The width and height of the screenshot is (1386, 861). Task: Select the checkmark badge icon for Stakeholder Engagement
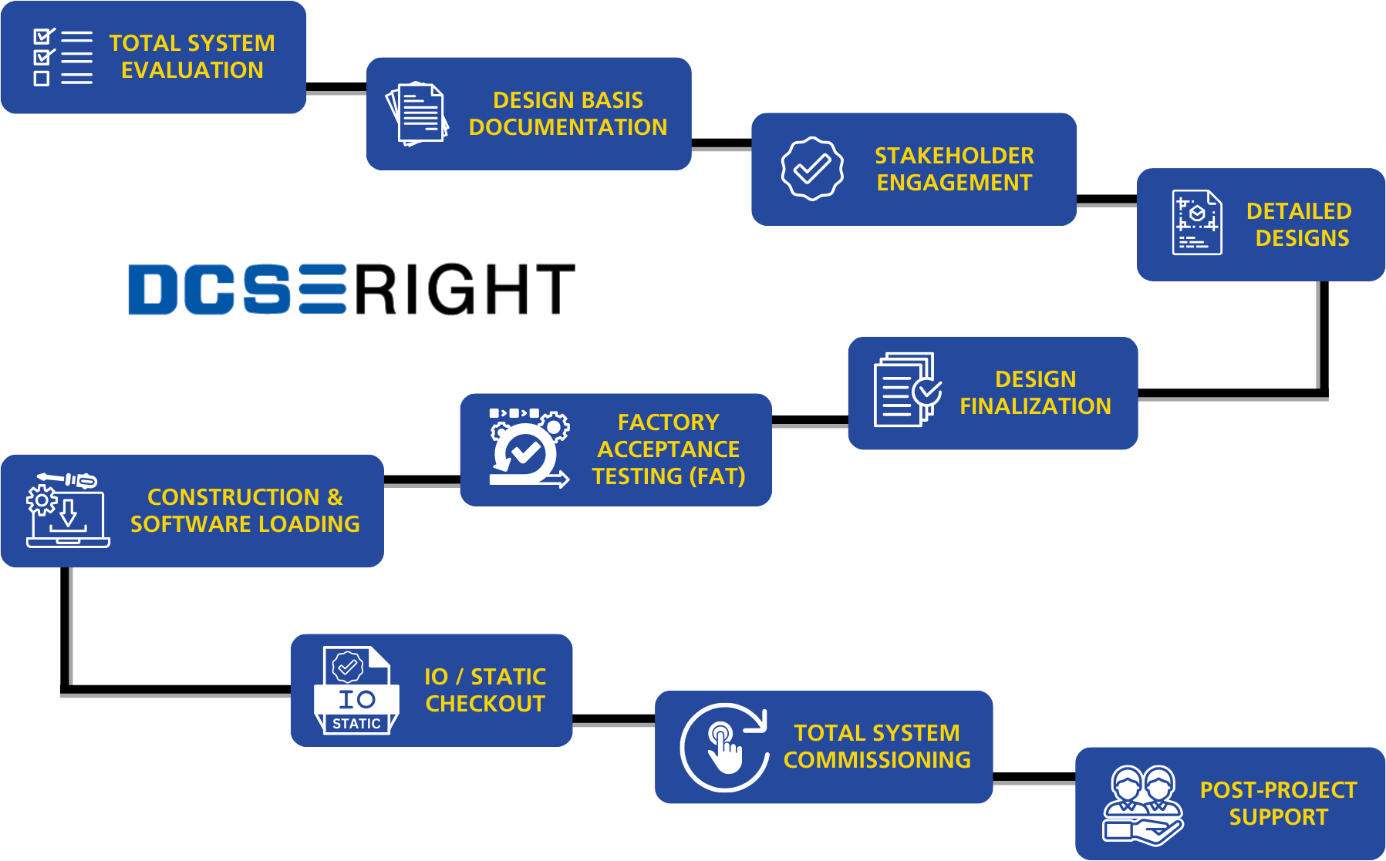click(811, 169)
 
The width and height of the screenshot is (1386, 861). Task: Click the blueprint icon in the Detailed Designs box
click(1196, 223)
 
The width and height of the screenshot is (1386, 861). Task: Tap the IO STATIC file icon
click(356, 690)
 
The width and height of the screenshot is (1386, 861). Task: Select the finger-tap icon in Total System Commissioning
click(724, 747)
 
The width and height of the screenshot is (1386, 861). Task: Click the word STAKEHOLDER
click(954, 156)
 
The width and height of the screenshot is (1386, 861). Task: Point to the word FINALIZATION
click(1035, 406)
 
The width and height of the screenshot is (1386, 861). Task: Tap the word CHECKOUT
click(485, 704)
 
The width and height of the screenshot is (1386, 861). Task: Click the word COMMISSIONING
click(877, 760)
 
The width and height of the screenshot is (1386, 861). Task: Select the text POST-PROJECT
click(1278, 790)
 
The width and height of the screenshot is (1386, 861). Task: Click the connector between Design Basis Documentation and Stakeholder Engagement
click(721, 150)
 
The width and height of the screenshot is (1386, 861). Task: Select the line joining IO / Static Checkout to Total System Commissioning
click(613, 725)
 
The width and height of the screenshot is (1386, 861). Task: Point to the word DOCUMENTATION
click(568, 127)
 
